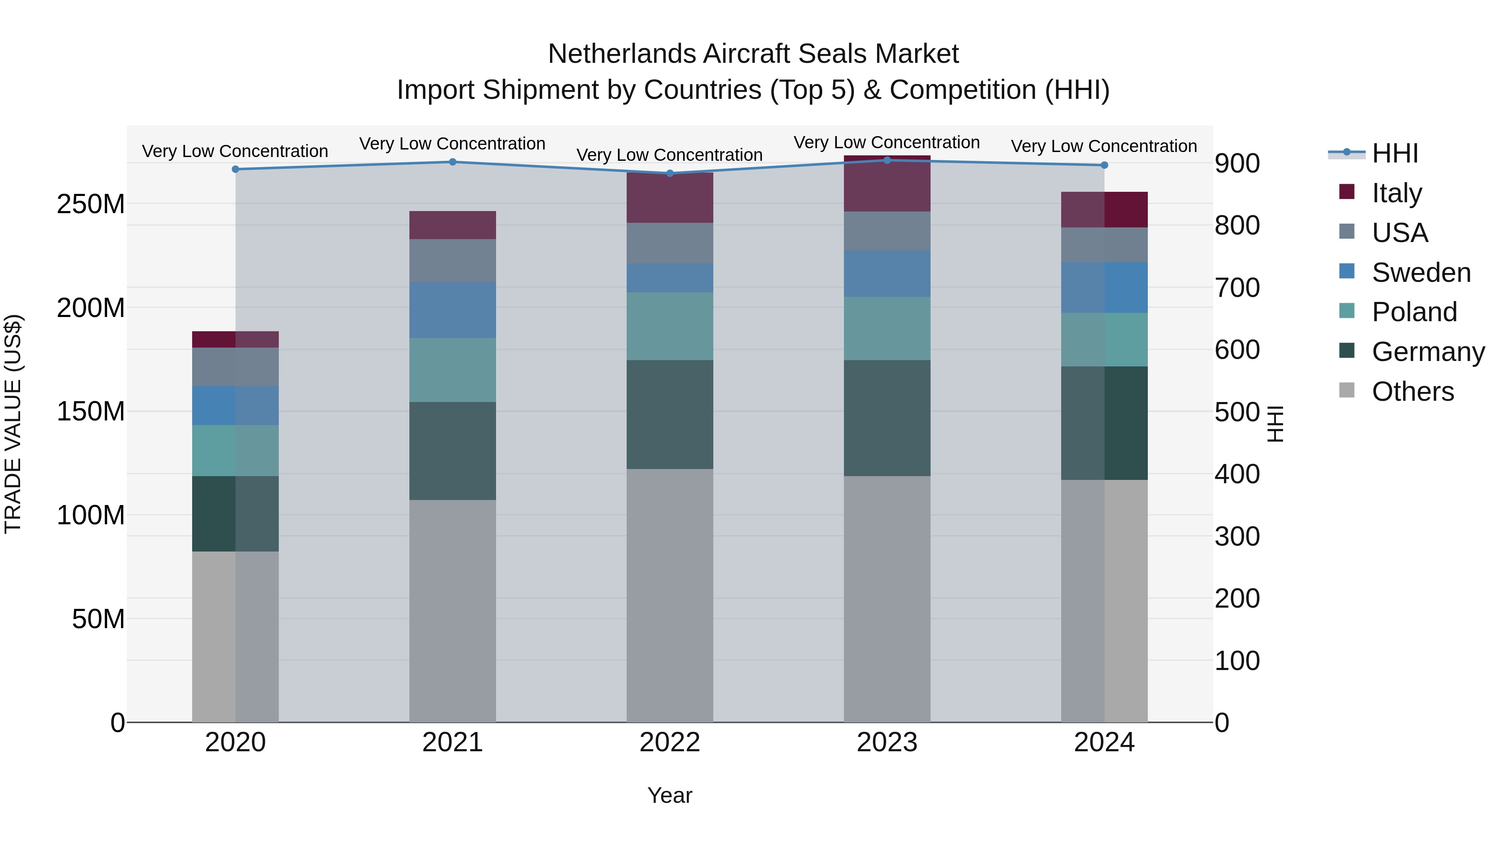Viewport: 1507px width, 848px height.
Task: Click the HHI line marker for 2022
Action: click(x=670, y=173)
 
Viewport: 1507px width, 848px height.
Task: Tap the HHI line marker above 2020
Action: click(x=235, y=169)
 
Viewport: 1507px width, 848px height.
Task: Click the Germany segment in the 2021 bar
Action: click(x=452, y=451)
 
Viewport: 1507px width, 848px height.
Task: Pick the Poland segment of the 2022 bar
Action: click(x=670, y=326)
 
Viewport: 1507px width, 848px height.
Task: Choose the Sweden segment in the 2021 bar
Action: click(x=452, y=310)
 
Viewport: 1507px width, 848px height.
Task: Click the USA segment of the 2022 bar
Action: click(x=670, y=243)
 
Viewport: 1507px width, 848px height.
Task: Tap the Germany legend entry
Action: click(x=1427, y=352)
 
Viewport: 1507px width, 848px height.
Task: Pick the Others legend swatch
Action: click(x=1347, y=390)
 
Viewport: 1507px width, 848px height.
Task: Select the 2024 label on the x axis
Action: click(x=1104, y=742)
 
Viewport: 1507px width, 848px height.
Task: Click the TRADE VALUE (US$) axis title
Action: click(x=13, y=424)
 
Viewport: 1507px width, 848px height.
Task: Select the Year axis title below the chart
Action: click(x=670, y=795)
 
